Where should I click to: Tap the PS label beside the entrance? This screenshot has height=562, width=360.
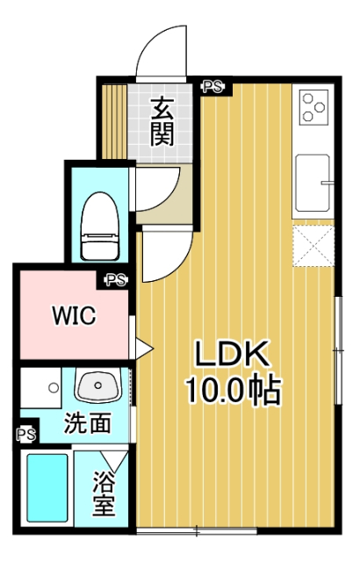tap(212, 87)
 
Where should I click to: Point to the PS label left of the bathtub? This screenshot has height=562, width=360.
tap(25, 435)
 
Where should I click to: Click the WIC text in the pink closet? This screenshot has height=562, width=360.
tap(73, 315)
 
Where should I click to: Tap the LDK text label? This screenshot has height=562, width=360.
tap(230, 354)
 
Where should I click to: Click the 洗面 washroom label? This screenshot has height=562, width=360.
tap(87, 423)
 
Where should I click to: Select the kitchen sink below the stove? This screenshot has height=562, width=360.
tap(313, 184)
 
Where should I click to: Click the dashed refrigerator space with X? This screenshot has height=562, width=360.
tap(313, 245)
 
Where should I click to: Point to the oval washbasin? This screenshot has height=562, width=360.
tap(98, 385)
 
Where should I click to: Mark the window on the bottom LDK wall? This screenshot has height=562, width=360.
tap(196, 530)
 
